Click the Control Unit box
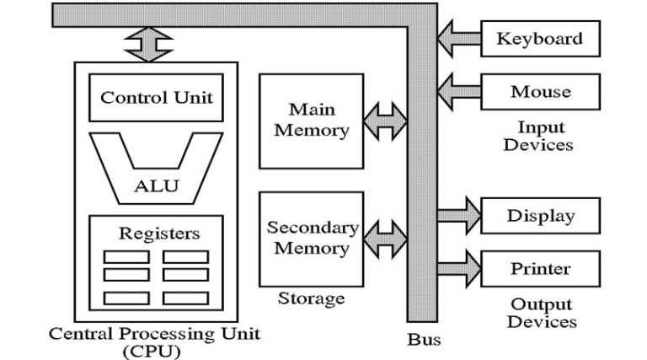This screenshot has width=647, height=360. coord(156,97)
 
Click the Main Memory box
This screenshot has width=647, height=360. coord(311,121)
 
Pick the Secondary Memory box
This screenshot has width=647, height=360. coord(311,239)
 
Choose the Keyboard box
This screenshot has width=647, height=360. coord(539,39)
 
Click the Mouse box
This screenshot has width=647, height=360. coord(539,92)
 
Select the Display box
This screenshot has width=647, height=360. coord(539,216)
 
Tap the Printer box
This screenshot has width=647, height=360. coord(539,269)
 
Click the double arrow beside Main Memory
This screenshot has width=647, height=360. coord(386,121)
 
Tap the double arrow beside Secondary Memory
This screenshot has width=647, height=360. coord(386,239)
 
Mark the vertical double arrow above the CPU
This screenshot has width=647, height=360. coord(148,43)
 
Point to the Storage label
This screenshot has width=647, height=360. coord(311,298)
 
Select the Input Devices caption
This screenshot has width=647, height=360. coord(538,136)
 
